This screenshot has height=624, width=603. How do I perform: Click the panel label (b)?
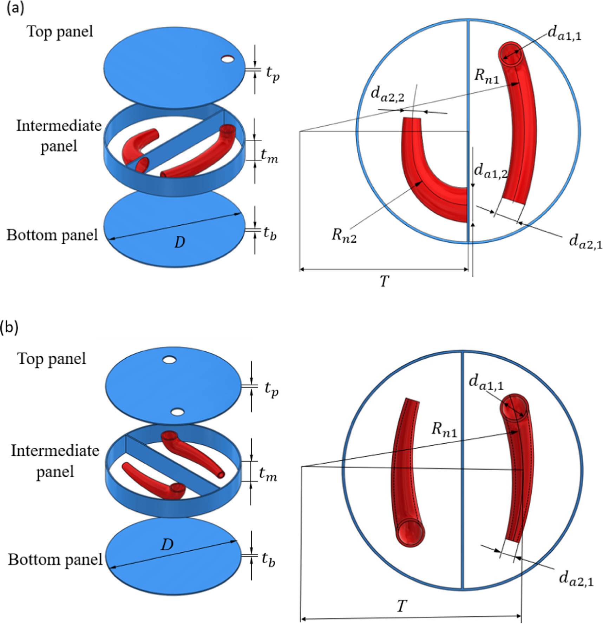(x=10, y=327)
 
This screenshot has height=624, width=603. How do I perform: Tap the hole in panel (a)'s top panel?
(x=228, y=59)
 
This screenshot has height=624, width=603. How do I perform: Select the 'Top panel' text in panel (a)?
(x=60, y=32)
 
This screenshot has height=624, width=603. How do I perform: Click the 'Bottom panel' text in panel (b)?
(x=55, y=559)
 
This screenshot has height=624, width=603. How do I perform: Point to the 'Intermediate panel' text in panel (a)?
(x=59, y=135)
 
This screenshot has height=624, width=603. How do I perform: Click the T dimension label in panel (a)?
(x=385, y=281)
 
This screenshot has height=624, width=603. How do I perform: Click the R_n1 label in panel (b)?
(x=444, y=429)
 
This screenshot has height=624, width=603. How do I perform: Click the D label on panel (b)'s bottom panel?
(x=167, y=544)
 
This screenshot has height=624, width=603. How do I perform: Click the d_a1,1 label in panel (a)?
(x=564, y=34)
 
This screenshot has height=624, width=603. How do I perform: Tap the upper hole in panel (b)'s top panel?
(x=169, y=360)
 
